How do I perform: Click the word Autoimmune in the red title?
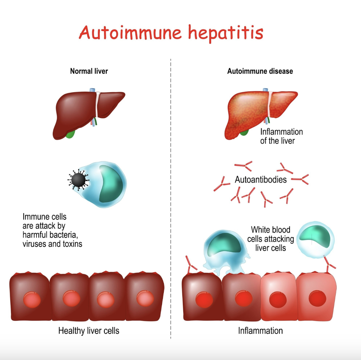click(x=130, y=32)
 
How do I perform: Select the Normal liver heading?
click(x=89, y=71)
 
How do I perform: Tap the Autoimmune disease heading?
click(x=260, y=71)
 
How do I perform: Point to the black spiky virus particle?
click(x=78, y=180)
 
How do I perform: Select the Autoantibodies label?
click(x=261, y=180)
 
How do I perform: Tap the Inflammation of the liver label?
click(x=281, y=136)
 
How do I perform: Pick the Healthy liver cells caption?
click(x=89, y=331)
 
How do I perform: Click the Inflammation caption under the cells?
click(x=260, y=331)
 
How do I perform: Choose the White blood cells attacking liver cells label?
click(x=270, y=239)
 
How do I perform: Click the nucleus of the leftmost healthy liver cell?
click(x=32, y=299)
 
